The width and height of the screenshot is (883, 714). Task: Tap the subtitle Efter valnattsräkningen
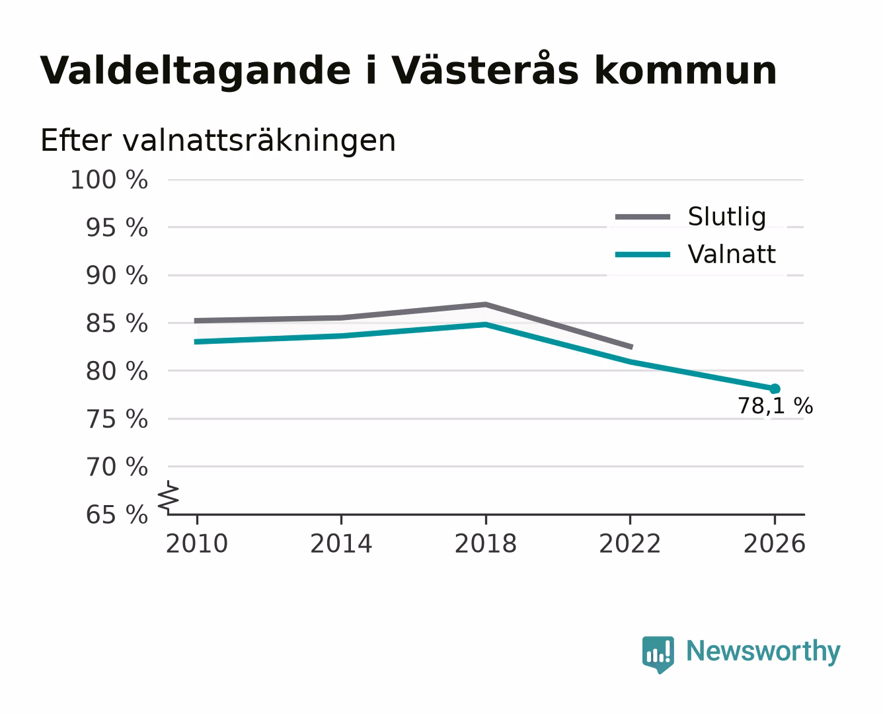coord(218,141)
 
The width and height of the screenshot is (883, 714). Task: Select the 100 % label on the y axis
coord(110,180)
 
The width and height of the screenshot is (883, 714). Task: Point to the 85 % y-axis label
coord(117,323)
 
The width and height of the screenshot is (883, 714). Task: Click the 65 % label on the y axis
coord(117,515)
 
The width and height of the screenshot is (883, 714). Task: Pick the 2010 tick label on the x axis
coord(197,544)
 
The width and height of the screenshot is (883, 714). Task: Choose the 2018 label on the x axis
coord(485,544)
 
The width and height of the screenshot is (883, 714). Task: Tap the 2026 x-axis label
coord(774,544)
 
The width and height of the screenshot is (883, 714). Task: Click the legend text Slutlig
coord(727,217)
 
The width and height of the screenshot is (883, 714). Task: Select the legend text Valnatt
coord(732,254)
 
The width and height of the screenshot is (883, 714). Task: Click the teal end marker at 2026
coord(775,389)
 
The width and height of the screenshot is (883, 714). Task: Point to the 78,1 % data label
coord(775,406)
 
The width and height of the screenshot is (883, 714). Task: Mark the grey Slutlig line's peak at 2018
coord(485,305)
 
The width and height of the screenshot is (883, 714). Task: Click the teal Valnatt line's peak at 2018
coord(485,325)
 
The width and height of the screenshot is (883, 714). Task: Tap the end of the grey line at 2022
coord(631,347)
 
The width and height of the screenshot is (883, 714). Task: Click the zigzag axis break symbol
coord(169,498)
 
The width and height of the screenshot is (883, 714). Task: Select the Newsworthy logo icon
coord(658,654)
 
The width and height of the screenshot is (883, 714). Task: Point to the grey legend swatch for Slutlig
coord(642,217)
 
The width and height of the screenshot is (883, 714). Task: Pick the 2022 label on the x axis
coord(630,544)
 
